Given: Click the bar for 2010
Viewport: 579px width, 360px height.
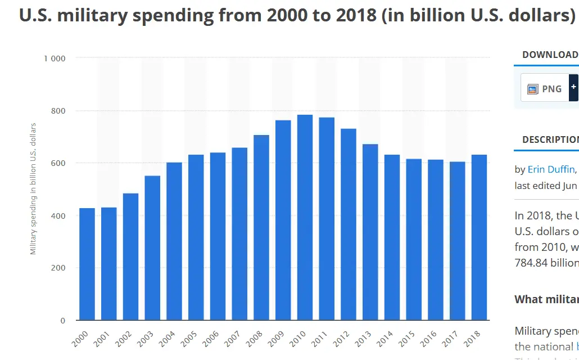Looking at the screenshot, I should pyautogui.click(x=305, y=217).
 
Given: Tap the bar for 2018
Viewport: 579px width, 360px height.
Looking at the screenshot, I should pyautogui.click(x=479, y=237).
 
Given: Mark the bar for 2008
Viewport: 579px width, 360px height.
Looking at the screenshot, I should pyautogui.click(x=261, y=227).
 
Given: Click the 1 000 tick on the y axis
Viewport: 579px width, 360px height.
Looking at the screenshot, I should pyautogui.click(x=55, y=58).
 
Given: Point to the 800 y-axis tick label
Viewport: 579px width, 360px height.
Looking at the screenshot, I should pyautogui.click(x=58, y=111).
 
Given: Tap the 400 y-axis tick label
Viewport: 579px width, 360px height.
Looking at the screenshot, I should pyautogui.click(x=58, y=215).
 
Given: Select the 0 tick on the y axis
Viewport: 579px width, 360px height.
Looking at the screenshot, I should pyautogui.click(x=63, y=321).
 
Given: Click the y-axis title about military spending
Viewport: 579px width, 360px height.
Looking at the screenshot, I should pyautogui.click(x=34, y=188).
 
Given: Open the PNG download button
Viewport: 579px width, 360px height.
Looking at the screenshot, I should pyautogui.click(x=545, y=88).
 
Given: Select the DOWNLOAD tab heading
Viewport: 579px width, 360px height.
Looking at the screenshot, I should pyautogui.click(x=550, y=55).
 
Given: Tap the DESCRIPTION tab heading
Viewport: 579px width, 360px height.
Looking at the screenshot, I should pyautogui.click(x=550, y=139).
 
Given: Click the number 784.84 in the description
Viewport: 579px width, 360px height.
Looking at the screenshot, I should pyautogui.click(x=531, y=263).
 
